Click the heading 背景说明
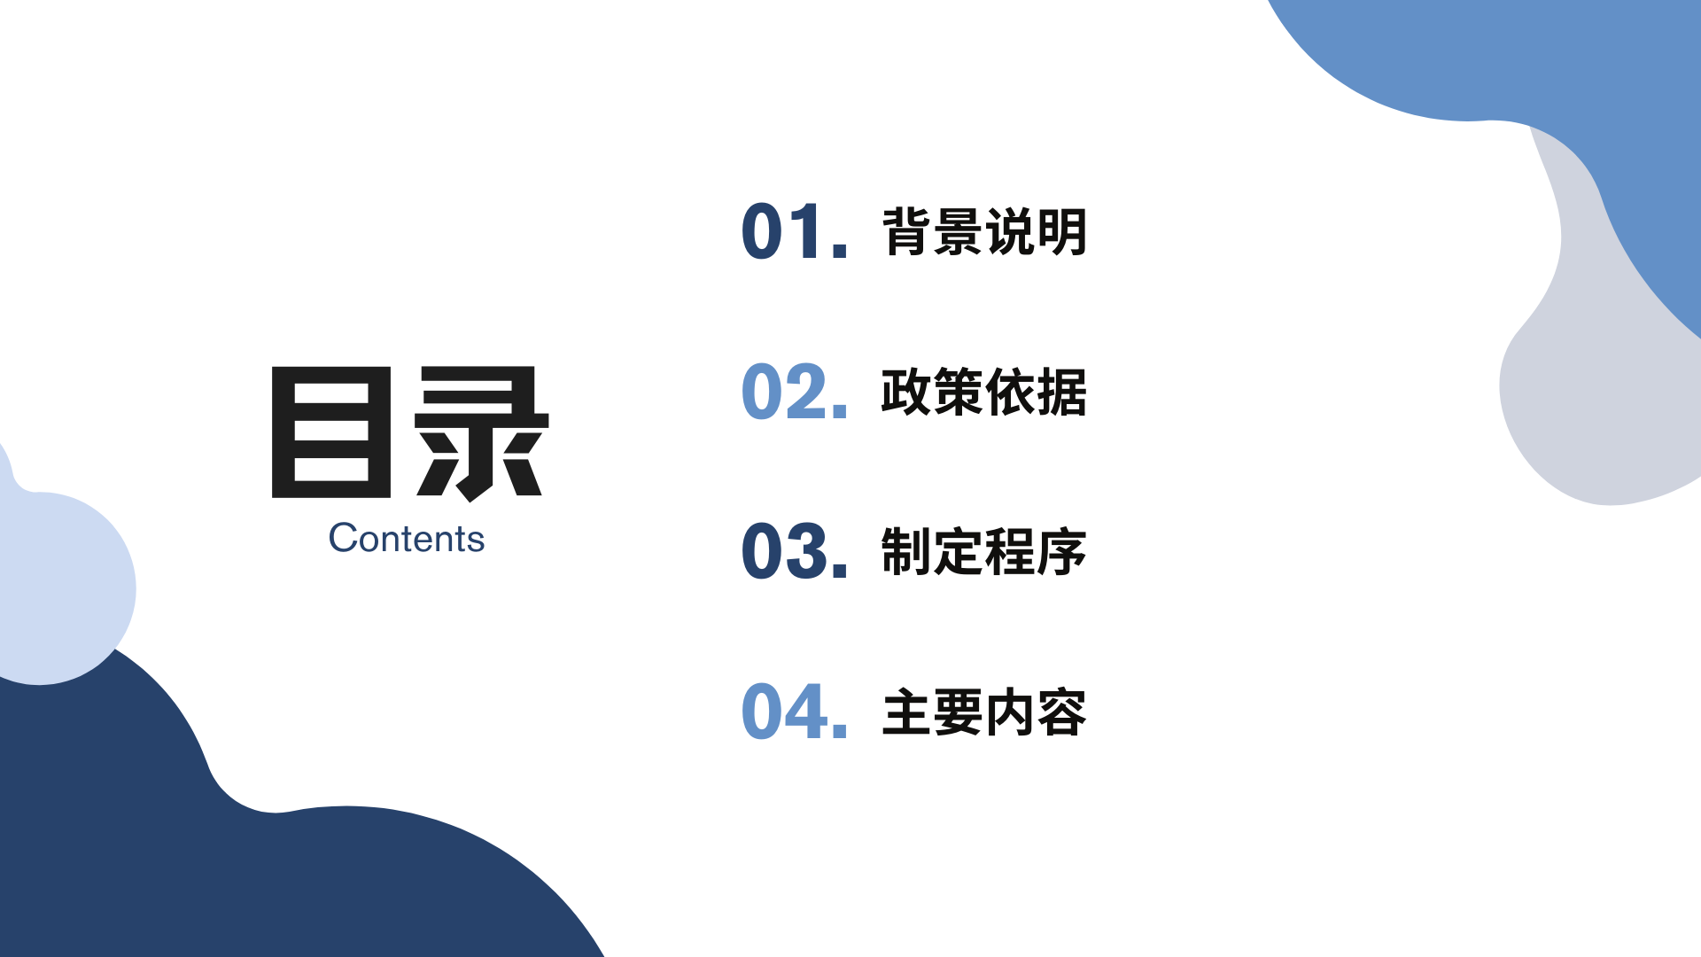pos(984,232)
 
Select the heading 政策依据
pos(984,392)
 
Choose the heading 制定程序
pos(984,551)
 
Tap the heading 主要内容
pos(984,712)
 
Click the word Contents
pos(407,538)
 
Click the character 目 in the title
pos(331,432)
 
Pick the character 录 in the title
pos(483,433)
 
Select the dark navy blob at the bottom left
pos(177,851)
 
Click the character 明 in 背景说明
pos(1062,232)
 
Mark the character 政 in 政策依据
pos(906,392)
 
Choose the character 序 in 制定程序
pos(1062,551)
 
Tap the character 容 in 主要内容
pos(1062,712)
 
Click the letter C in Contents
pos(343,538)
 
